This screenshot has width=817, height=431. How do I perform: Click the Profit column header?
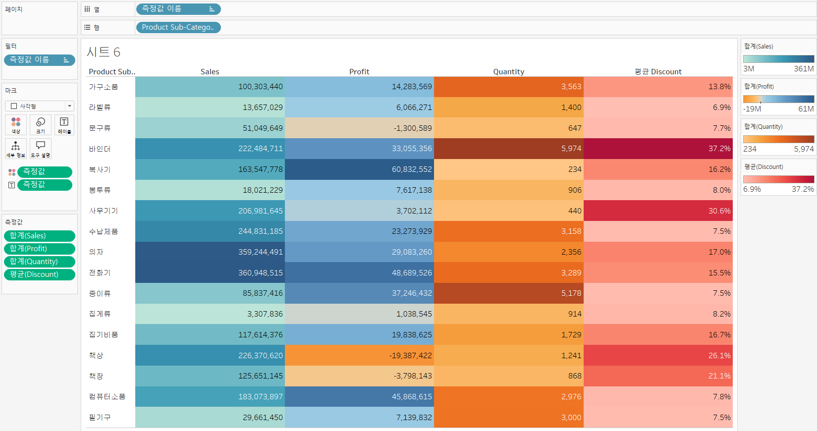point(359,72)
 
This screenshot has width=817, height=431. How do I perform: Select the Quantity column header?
point(508,72)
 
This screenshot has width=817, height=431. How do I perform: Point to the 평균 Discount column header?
point(658,72)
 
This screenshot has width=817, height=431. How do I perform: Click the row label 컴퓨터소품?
point(107,397)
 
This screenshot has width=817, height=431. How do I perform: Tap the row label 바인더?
point(100,149)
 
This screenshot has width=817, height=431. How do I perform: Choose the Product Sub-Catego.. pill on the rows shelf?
point(178,28)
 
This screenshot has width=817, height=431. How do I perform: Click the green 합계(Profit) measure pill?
point(39,249)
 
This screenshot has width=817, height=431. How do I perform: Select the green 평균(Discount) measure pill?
point(39,274)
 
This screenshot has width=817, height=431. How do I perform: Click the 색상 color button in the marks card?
point(16,125)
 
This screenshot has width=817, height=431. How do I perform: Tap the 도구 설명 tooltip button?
point(41,148)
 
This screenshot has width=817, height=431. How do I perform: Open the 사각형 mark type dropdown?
point(40,106)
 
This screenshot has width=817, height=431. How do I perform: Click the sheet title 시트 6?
point(104,52)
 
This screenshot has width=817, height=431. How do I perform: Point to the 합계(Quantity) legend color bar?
point(778,139)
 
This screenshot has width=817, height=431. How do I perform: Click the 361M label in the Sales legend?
point(803,69)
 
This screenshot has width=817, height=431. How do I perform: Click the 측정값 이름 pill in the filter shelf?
point(39,60)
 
